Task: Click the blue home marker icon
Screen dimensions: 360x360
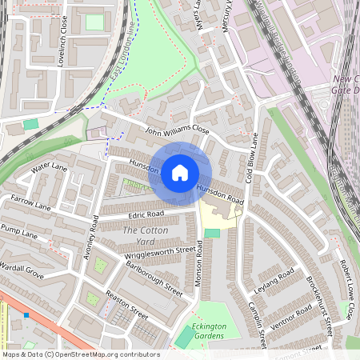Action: point(180,172)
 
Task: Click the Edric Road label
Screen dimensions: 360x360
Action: point(146,214)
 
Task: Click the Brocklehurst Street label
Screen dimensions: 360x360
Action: point(318,304)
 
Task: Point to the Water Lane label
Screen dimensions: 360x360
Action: point(50,169)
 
